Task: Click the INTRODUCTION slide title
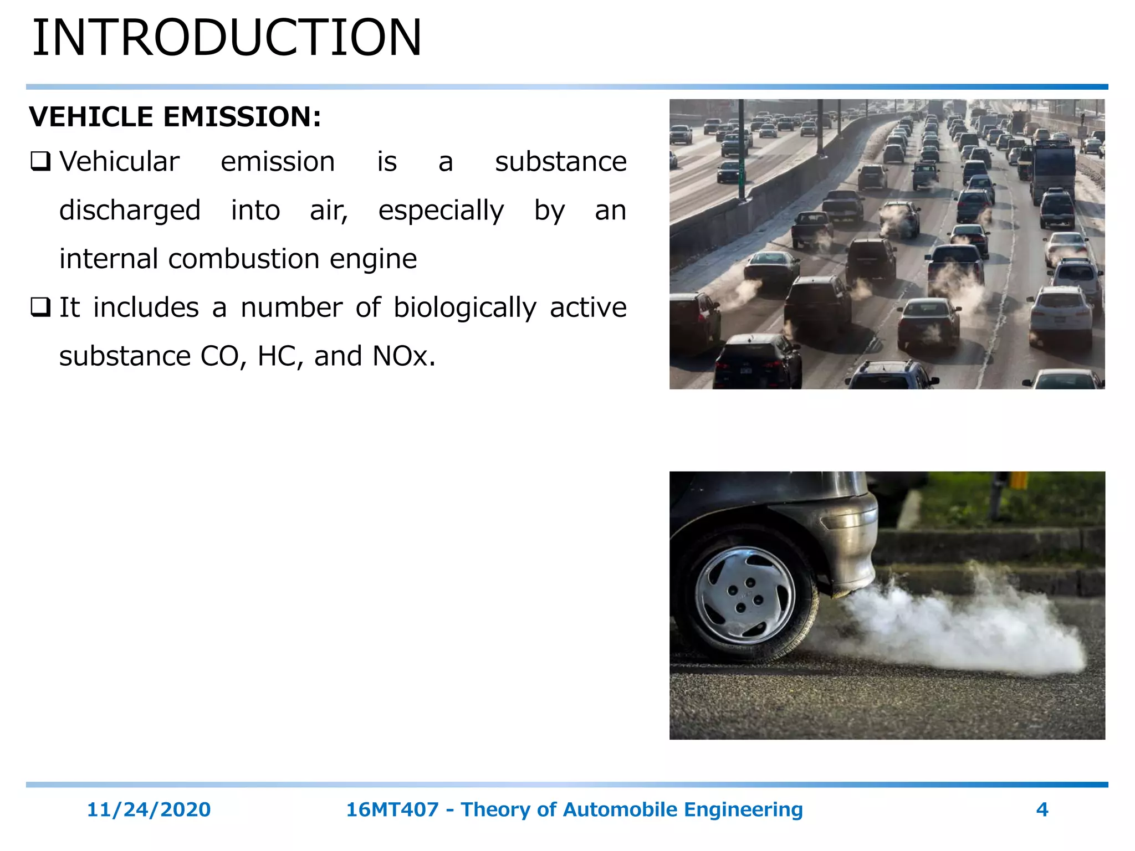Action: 227,38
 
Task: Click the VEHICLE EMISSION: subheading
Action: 175,117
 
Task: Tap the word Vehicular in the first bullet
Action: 119,162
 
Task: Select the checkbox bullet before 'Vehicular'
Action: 40,161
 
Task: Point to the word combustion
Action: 244,259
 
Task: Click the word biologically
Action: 464,308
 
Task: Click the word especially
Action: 441,211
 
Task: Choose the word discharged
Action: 130,211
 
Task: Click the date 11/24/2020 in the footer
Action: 149,809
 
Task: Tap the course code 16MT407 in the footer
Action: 392,809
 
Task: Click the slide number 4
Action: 1042,809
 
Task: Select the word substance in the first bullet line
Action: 560,162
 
